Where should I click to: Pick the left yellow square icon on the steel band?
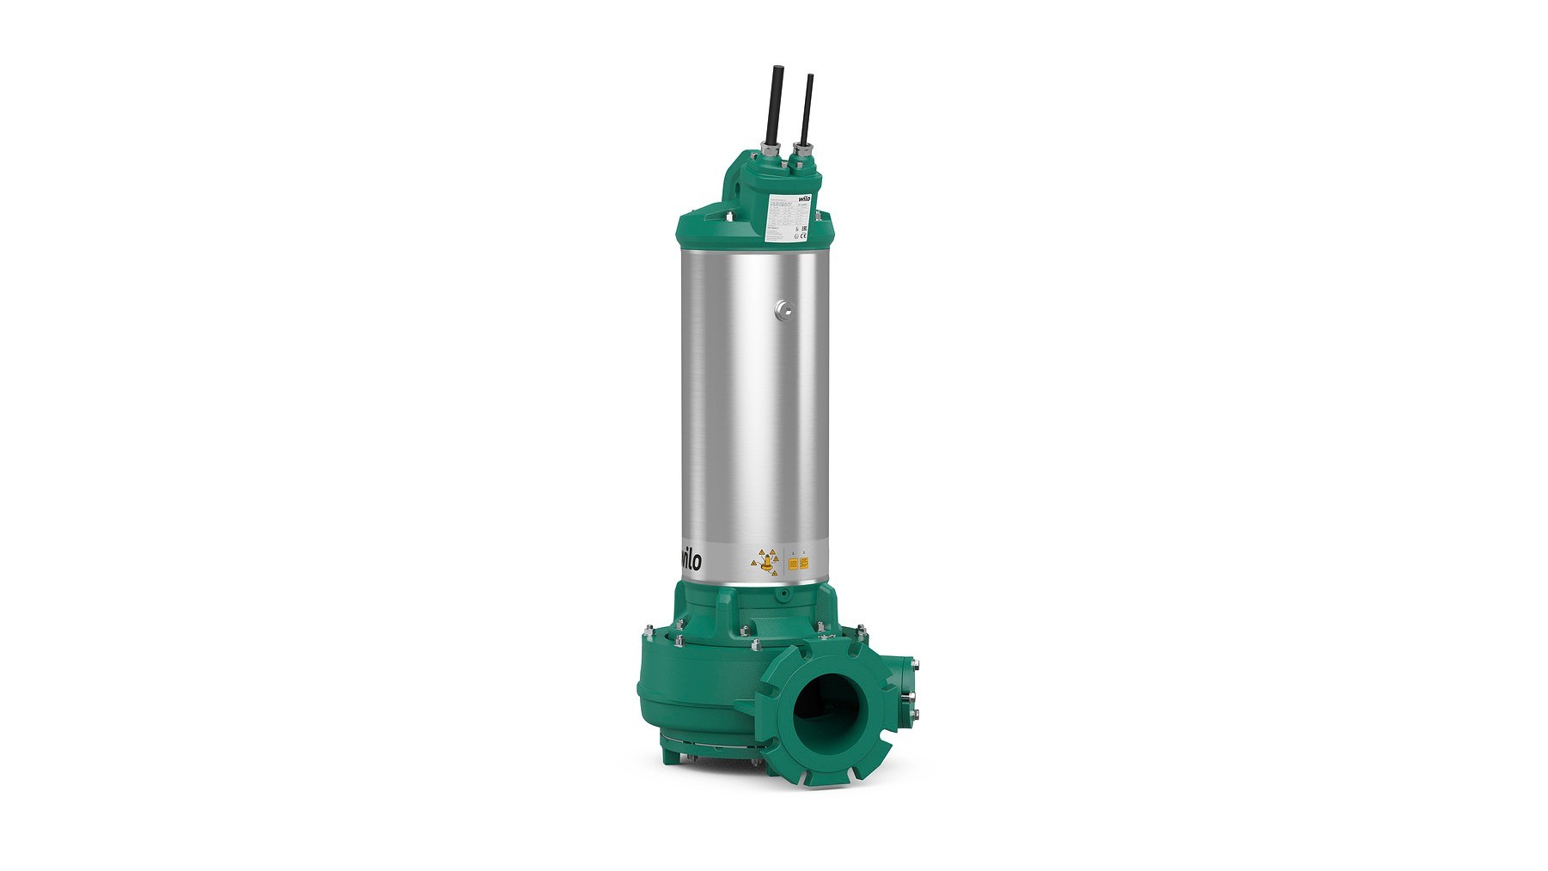[x=792, y=564]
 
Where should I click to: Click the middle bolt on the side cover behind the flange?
[x=911, y=697]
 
